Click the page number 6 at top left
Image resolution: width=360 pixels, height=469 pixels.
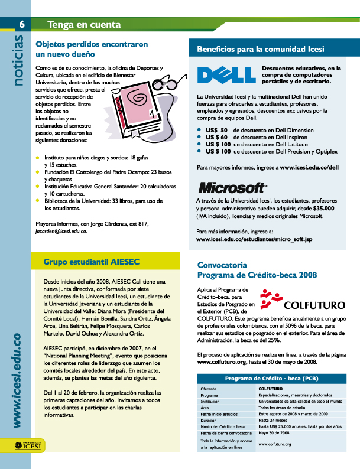coord(21,24)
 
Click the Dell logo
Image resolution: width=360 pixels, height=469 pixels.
coord(226,75)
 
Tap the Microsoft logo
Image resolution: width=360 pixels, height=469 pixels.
coord(232,188)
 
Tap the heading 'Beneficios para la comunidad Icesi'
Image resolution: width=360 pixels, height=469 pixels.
coord(260,49)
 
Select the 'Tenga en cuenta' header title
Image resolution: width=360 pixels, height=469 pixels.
coord(84,25)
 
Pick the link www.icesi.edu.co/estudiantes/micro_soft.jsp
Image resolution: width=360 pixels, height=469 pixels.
coord(254,239)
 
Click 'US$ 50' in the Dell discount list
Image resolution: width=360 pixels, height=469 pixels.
coord(216,129)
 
